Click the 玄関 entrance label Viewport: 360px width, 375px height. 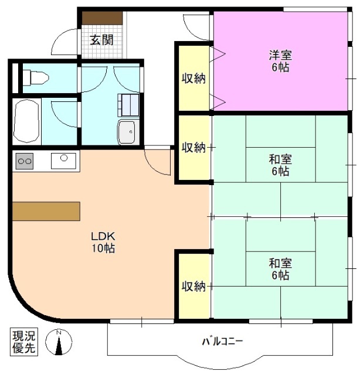tap(101, 40)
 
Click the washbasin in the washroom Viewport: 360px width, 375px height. tap(126, 132)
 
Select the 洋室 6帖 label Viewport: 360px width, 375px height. tap(280, 61)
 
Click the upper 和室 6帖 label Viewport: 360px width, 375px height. tap(280, 165)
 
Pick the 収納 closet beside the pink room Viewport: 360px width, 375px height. tap(193, 77)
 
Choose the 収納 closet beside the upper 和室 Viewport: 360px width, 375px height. tap(193, 148)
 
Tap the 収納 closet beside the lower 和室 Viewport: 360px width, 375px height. tap(193, 286)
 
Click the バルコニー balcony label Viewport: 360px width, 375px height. tap(222, 341)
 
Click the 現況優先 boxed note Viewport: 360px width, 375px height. tap(24, 342)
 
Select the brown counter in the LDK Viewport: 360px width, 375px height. tap(46, 211)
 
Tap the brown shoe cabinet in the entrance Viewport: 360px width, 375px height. tap(101, 18)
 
